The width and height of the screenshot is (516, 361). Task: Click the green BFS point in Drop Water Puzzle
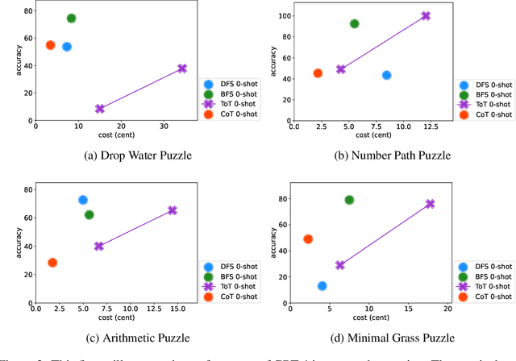pyautogui.click(x=71, y=18)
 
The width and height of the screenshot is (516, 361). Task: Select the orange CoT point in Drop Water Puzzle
pyautogui.click(x=50, y=45)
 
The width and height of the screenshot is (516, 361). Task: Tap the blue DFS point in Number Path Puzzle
pyautogui.click(x=386, y=75)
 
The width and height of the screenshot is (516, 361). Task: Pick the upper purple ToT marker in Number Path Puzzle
pyautogui.click(x=426, y=16)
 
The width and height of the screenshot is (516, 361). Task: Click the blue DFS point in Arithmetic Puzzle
pyautogui.click(x=82, y=200)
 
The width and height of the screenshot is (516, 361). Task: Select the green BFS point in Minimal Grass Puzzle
pyautogui.click(x=349, y=200)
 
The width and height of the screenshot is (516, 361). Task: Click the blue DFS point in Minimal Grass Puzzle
pyautogui.click(x=322, y=285)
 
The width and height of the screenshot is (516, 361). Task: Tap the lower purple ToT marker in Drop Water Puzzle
pyautogui.click(x=100, y=109)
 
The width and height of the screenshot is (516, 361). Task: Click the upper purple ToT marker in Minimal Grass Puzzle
pyautogui.click(x=430, y=204)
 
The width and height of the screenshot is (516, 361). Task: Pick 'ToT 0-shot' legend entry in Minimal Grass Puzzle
pyautogui.click(x=490, y=286)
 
